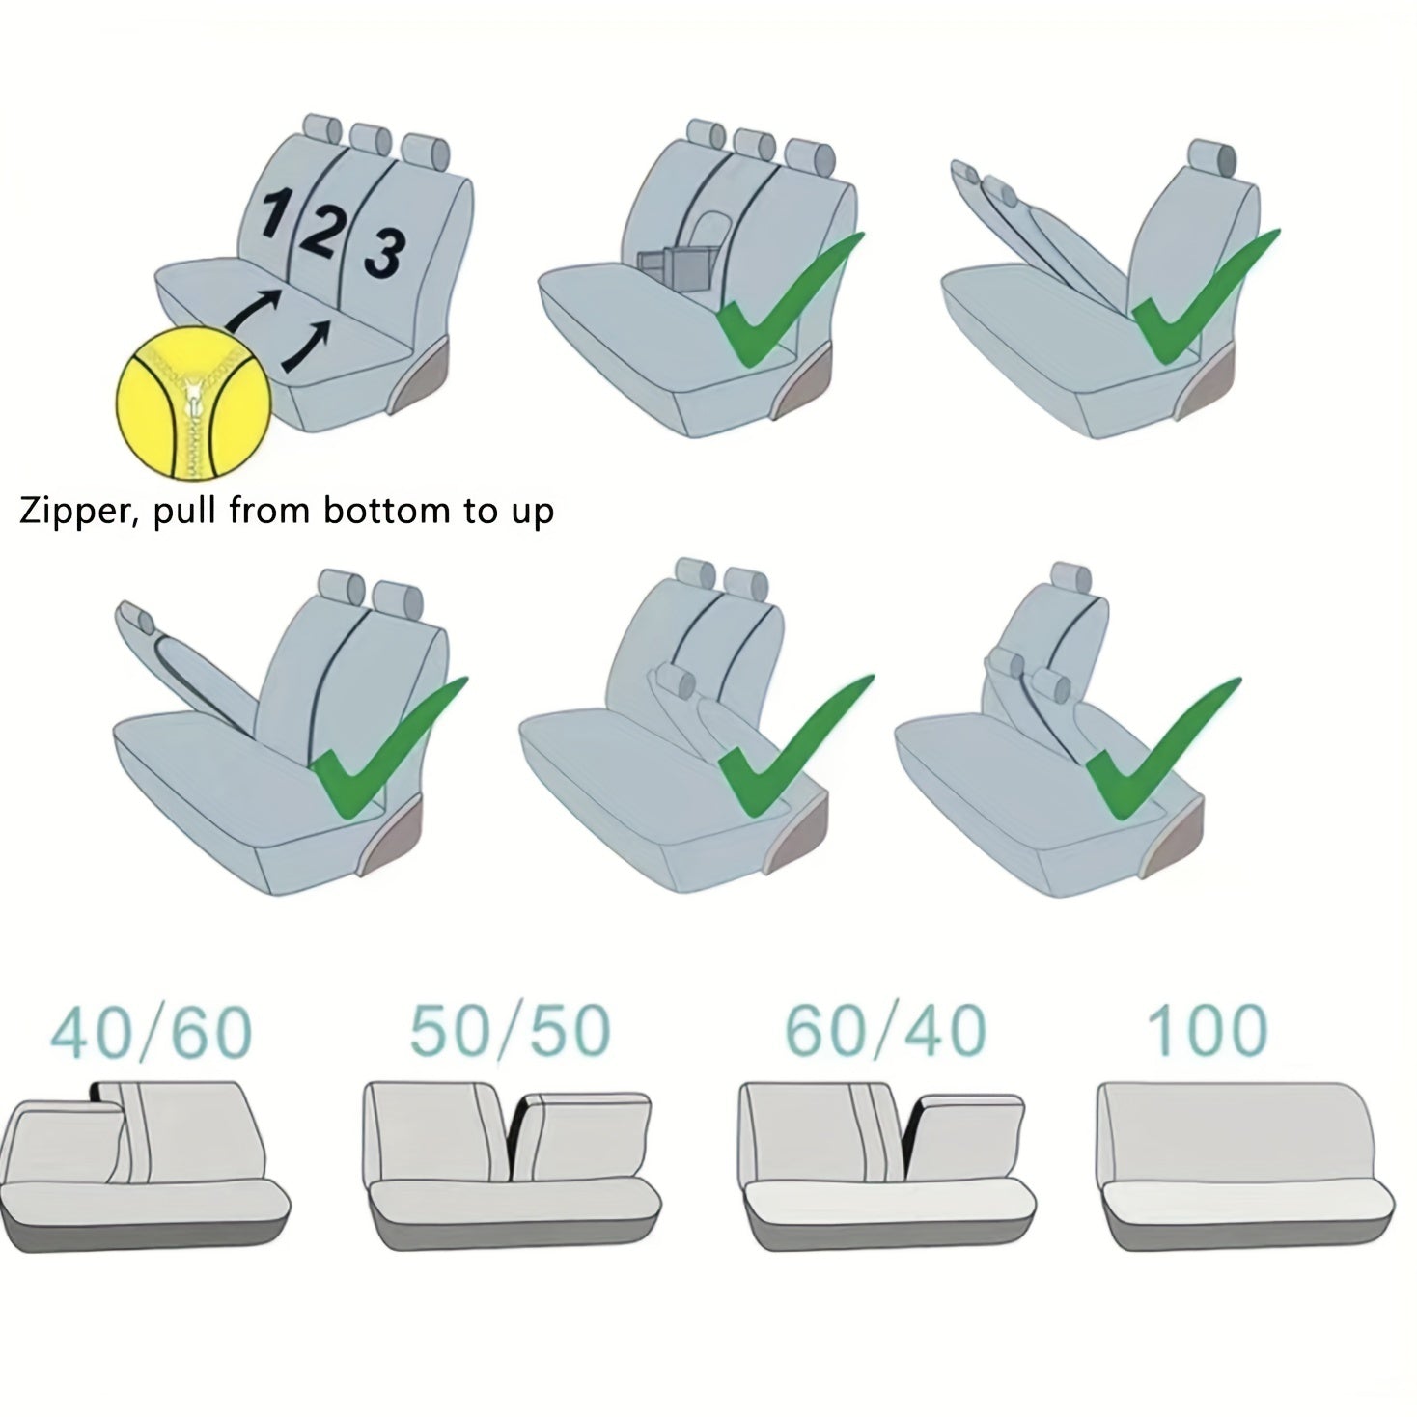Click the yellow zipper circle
[x=194, y=405]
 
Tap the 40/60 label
[x=151, y=1033]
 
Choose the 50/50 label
[x=511, y=1031]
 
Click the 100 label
[x=1208, y=1031]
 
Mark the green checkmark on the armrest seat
[x=790, y=300]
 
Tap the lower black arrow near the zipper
[x=305, y=346]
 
